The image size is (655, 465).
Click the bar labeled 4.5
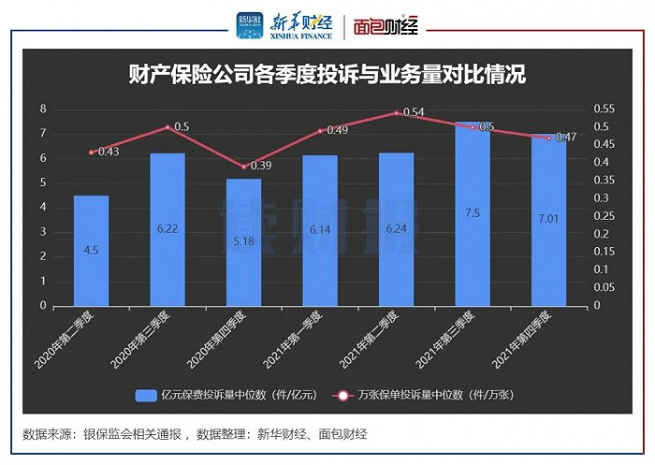coord(92,250)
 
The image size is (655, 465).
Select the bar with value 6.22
coord(167,229)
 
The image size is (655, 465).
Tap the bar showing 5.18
coord(244,241)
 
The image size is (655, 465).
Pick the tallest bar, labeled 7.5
coord(473,213)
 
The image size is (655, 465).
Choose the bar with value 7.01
coord(548,220)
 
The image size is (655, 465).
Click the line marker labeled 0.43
coord(92,152)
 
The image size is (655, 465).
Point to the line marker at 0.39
coord(244,167)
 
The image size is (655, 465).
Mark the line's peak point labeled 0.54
coord(397,113)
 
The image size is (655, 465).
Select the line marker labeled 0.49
coord(320,131)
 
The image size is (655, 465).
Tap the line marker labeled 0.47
coord(548,138)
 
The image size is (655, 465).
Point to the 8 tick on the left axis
coord(42,109)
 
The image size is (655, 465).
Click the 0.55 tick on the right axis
coord(604,109)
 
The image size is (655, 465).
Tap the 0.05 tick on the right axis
coord(604,287)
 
